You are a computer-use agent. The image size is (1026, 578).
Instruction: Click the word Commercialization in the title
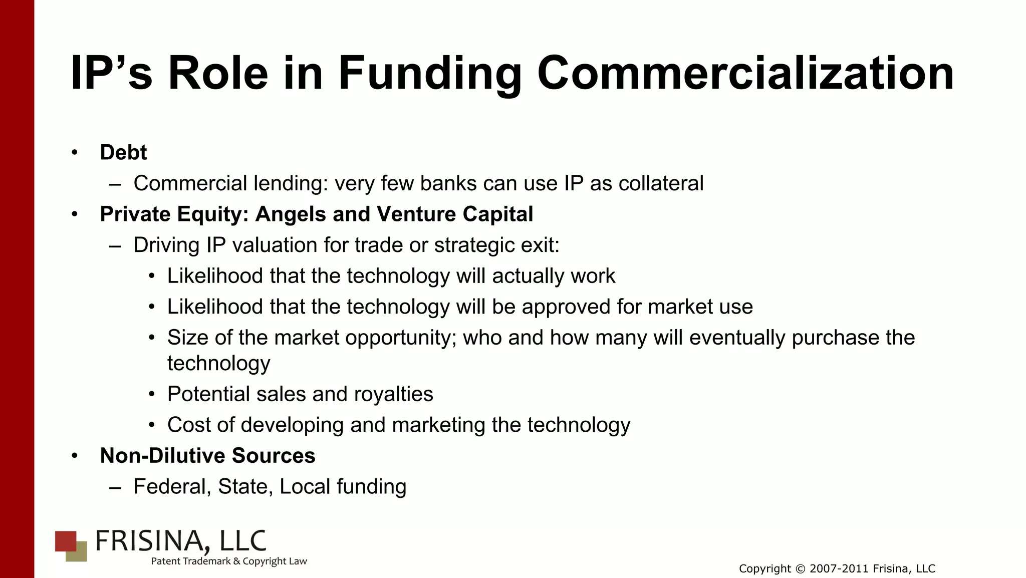[745, 74]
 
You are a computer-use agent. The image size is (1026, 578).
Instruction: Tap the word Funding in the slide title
[429, 75]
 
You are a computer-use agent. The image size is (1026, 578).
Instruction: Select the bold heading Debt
[123, 152]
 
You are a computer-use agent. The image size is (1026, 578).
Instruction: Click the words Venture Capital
[454, 214]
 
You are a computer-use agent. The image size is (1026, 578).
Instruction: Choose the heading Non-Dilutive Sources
[207, 456]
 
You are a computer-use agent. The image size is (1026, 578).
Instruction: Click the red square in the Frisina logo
[65, 540]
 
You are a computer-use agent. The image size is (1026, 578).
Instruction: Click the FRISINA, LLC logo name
[181, 541]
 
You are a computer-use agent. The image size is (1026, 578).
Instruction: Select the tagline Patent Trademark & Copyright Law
[229, 561]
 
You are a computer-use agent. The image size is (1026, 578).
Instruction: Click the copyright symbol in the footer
[800, 569]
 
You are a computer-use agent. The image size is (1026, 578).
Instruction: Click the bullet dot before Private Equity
[75, 214]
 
